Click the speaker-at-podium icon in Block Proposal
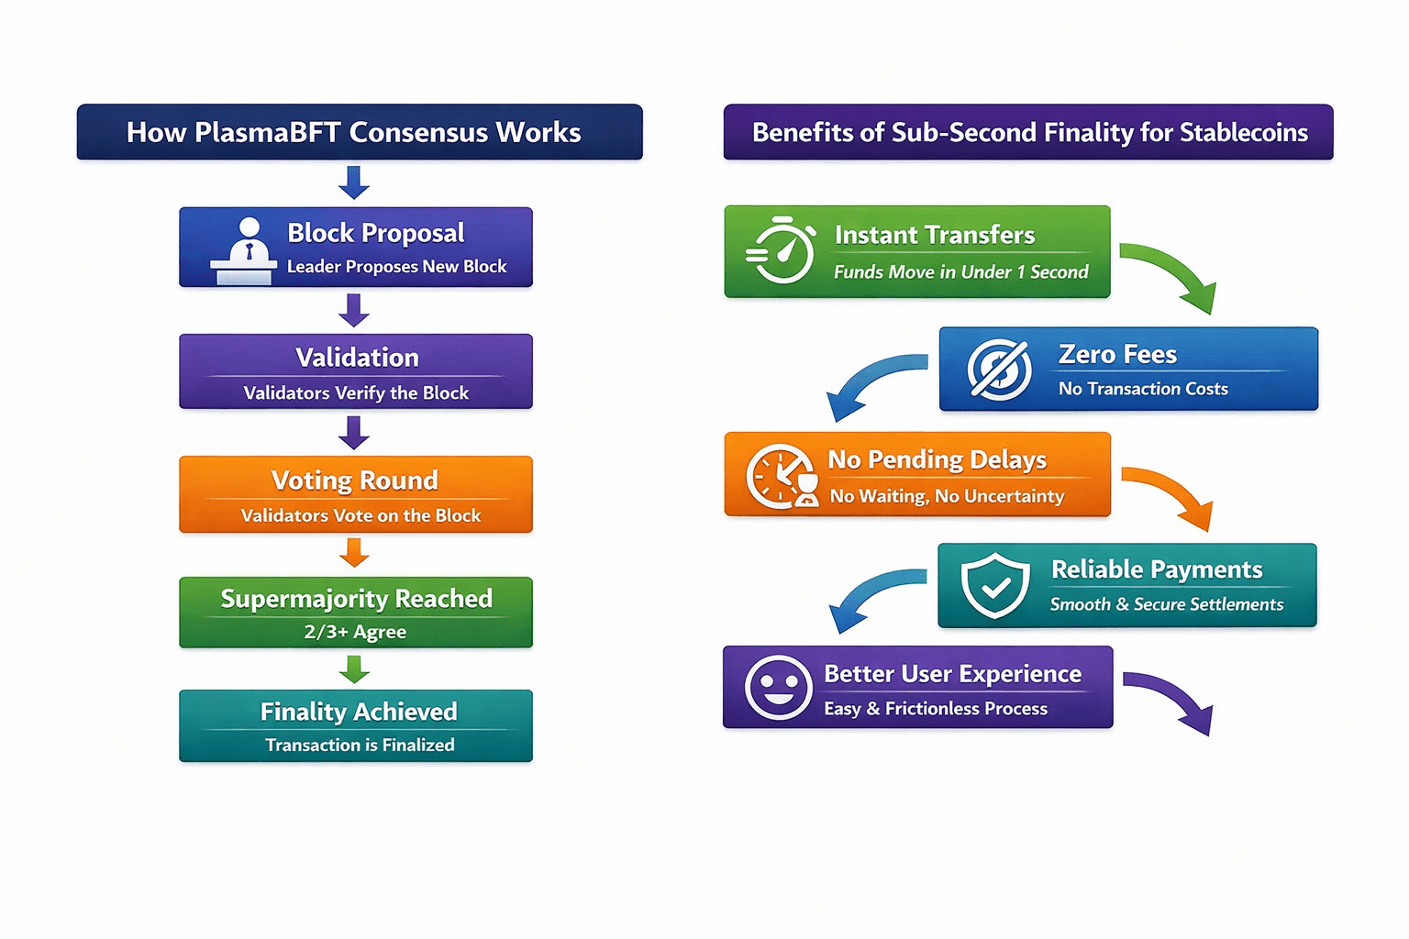click(x=244, y=250)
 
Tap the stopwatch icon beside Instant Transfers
click(x=782, y=250)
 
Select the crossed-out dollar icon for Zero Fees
click(x=999, y=370)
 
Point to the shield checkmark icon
click(x=994, y=585)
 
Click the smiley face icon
click(x=779, y=687)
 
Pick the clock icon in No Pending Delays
click(x=781, y=475)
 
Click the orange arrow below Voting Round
click(x=354, y=553)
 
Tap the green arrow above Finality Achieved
click(x=354, y=668)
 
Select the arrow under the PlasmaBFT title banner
click(x=354, y=182)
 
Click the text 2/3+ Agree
click(x=355, y=632)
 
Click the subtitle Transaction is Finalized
click(x=360, y=745)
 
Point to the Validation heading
click(x=357, y=358)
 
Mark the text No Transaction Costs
click(x=1142, y=389)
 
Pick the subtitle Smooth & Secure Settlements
click(x=1166, y=604)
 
